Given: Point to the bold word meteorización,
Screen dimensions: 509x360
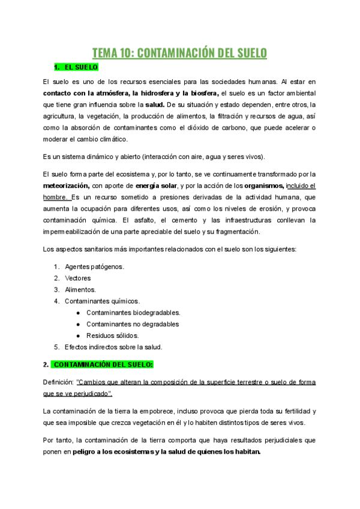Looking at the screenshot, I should [x=67, y=185].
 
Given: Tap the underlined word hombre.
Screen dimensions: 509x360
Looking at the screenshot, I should [x=56, y=197].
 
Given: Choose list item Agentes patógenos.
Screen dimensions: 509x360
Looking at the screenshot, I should [x=94, y=267].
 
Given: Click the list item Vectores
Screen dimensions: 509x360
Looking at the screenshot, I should [x=78, y=278].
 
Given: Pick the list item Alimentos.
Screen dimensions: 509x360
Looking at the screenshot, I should [x=80, y=289].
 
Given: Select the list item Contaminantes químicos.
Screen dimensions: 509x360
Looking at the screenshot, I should [x=102, y=301].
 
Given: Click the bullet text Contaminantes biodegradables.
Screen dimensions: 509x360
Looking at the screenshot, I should [x=133, y=312].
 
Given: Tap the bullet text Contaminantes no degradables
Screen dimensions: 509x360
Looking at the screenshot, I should [x=133, y=324].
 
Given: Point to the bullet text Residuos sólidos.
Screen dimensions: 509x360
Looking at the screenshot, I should [x=112, y=335].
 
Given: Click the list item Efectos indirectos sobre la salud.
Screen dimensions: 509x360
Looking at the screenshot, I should [x=113, y=346].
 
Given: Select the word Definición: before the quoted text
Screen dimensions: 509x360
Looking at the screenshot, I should [x=58, y=382].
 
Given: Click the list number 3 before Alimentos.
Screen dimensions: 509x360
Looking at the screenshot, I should [x=56, y=289].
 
